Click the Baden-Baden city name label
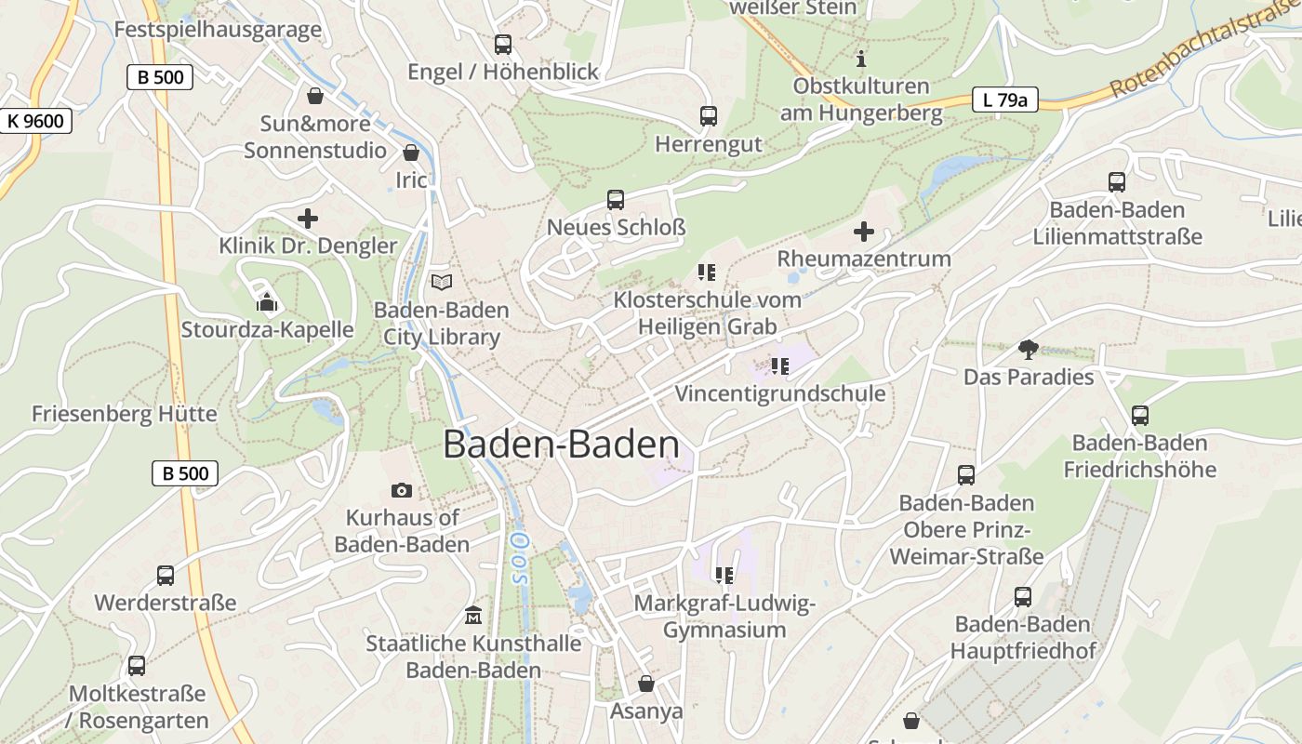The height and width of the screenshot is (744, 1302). [561, 445]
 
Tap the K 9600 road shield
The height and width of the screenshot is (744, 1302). [35, 121]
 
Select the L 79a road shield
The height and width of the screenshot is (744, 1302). [1004, 100]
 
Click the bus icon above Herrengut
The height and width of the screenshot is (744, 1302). [709, 116]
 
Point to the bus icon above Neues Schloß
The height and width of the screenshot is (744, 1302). [616, 199]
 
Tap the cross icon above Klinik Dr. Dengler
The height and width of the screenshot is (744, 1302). [308, 219]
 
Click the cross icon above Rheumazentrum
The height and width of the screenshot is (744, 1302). [864, 231]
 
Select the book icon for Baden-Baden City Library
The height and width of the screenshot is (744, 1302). [442, 282]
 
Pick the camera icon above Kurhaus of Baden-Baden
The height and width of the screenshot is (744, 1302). [402, 490]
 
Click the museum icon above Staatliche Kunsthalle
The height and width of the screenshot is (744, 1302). [473, 616]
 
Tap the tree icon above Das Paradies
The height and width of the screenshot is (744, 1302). [1029, 350]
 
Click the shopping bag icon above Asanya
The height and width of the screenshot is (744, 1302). [646, 684]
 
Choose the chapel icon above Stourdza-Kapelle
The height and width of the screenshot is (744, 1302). [267, 302]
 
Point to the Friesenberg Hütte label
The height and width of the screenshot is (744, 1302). [124, 414]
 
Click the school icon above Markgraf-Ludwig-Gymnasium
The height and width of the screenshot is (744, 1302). [724, 576]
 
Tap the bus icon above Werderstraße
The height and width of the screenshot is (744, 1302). [166, 576]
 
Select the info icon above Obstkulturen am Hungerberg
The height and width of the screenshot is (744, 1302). [861, 59]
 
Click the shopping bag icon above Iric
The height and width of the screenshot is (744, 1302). [411, 153]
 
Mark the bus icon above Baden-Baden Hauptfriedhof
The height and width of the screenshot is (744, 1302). [1023, 596]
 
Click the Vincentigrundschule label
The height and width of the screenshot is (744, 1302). [779, 393]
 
